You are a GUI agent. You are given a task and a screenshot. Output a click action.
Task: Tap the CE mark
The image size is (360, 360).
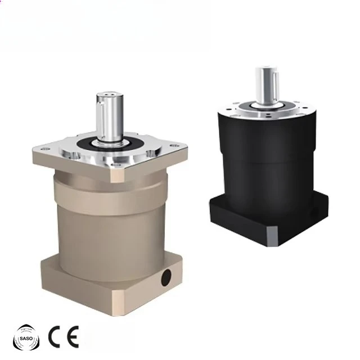pyautogui.click(x=63, y=336)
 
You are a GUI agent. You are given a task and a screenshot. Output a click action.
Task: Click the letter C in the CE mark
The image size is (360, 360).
pyautogui.click(x=55, y=336)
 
